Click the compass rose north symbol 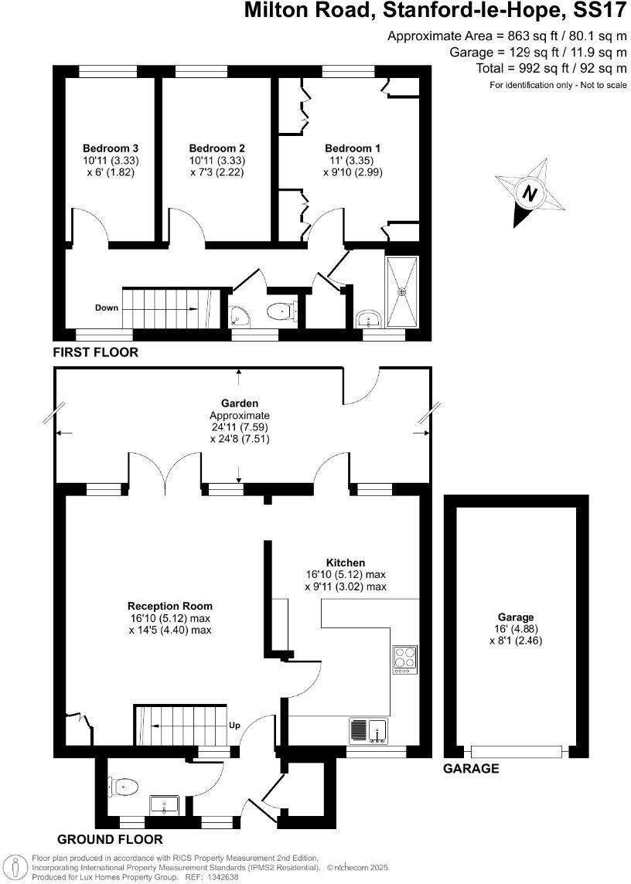[529, 193]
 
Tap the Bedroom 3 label [111, 148]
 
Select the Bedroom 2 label [217, 148]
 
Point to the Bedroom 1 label [353, 148]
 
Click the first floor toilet [279, 311]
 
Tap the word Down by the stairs [107, 308]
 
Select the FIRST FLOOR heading [95, 352]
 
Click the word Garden [239, 403]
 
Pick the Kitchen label [345, 563]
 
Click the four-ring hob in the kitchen [405, 658]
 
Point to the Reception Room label [170, 606]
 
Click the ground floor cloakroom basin [165, 805]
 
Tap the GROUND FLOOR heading [110, 839]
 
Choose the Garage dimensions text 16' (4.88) [516, 628]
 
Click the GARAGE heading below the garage [470, 769]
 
